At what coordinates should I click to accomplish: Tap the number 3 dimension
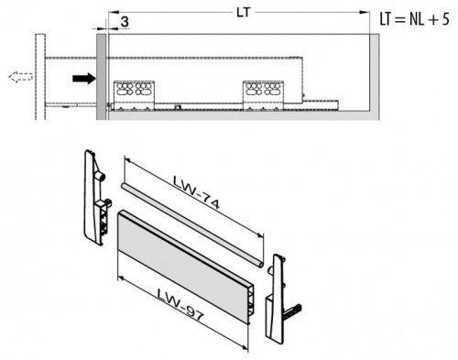point(123,21)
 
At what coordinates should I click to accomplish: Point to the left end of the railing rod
point(122,186)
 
